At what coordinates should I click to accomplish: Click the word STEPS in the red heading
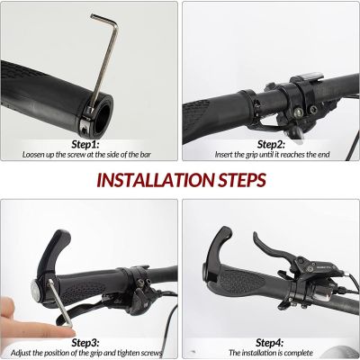click(241, 180)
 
